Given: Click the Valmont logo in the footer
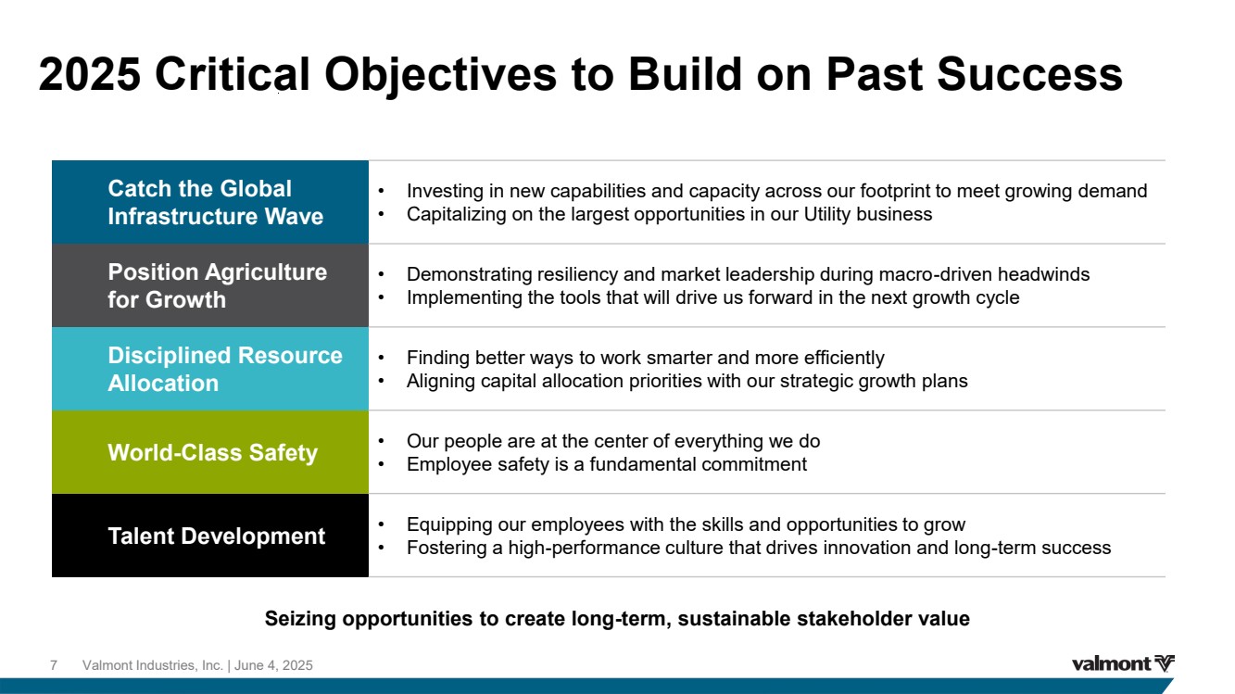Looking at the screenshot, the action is point(1123,663).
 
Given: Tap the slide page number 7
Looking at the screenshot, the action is point(54,665).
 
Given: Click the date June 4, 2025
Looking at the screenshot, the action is point(273,665).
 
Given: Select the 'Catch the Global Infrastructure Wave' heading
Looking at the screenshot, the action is point(216,202).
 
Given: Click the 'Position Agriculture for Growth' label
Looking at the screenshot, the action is point(217,285).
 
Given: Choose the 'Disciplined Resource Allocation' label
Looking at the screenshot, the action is point(225,369).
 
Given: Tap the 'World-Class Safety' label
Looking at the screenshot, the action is point(213,452).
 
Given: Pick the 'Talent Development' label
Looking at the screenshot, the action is point(217,536).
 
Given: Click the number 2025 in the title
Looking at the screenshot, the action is point(89,74).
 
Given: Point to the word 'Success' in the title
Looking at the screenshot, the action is point(1029,74).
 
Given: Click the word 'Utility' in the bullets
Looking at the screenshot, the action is point(827,214).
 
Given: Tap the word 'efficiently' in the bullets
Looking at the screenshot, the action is point(844,358).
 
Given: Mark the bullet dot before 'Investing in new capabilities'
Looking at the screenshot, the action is point(381,191).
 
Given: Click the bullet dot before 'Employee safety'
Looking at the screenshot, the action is point(381,465).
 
